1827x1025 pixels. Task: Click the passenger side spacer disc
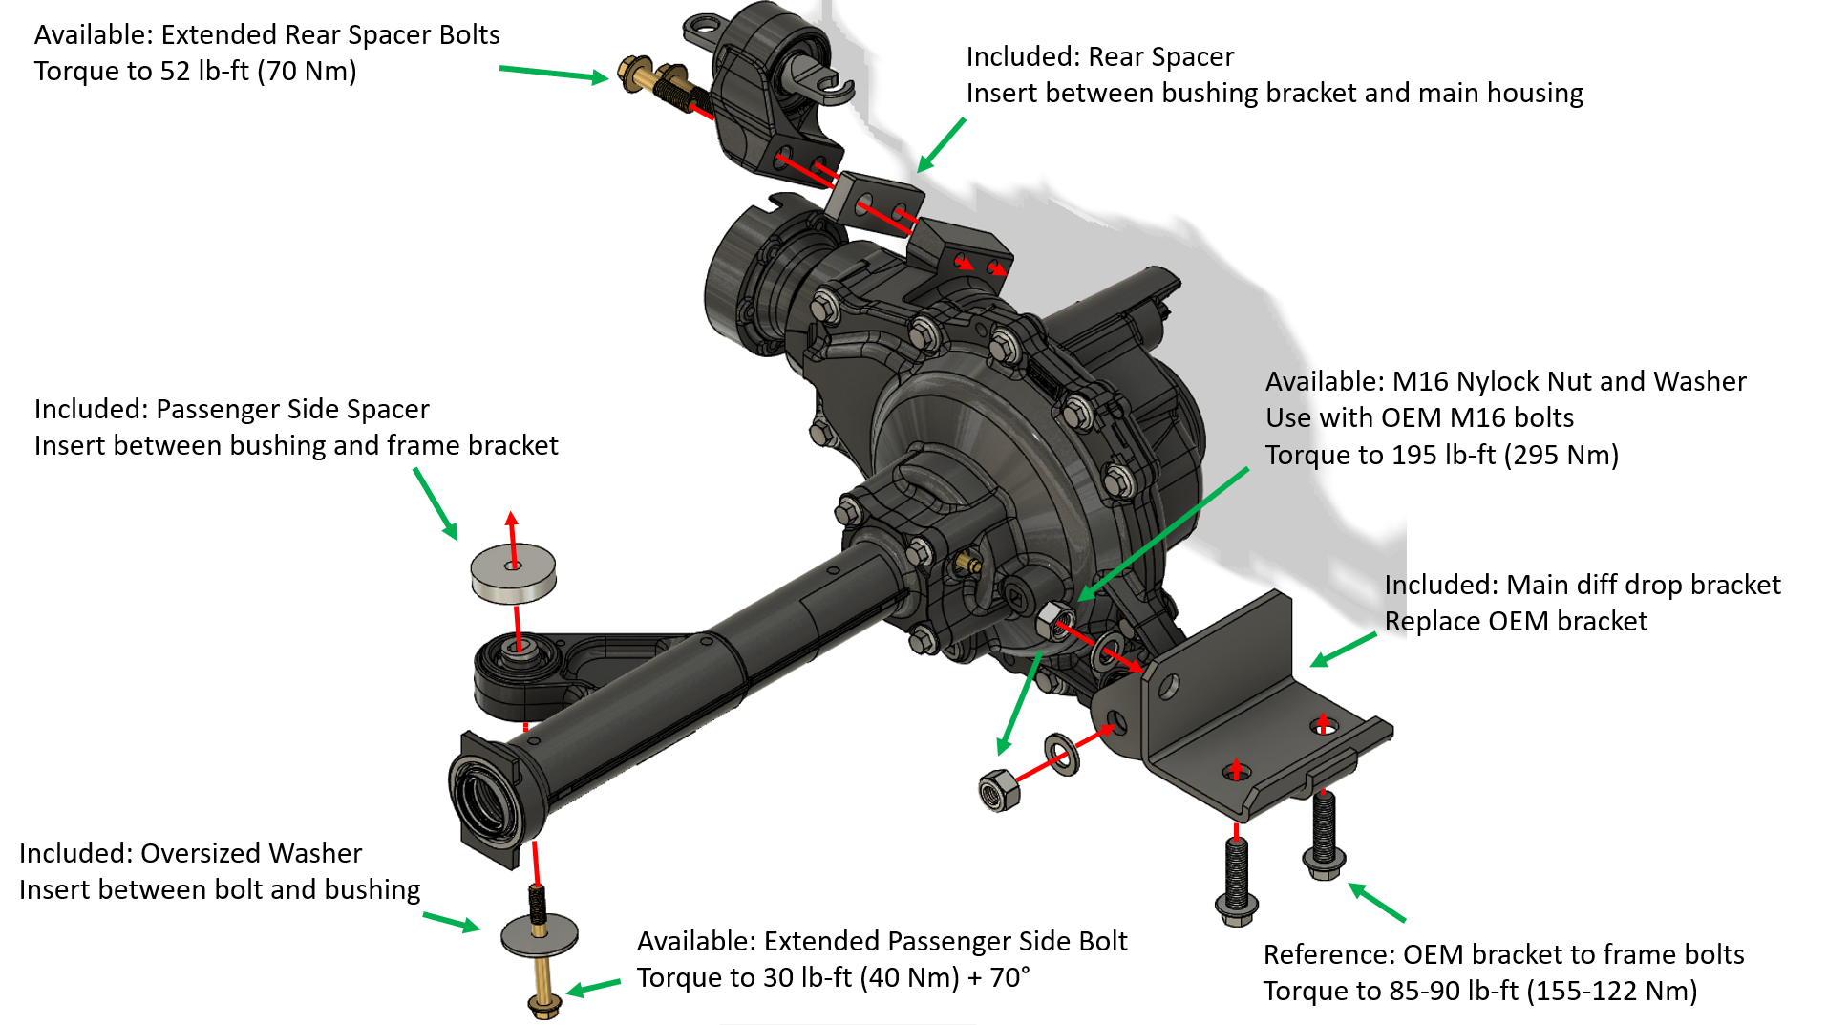[x=513, y=574]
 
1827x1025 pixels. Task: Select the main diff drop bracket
[x=1242, y=707]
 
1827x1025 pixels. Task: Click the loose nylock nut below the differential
[x=999, y=791]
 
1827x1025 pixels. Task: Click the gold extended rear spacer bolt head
[x=631, y=74]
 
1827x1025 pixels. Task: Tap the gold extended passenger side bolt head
[x=543, y=1003]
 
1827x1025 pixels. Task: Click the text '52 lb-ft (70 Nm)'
[x=258, y=72]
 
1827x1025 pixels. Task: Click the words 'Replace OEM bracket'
[x=1516, y=622]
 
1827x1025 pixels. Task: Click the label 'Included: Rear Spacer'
[x=1099, y=57]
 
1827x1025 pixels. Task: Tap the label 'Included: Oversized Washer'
[x=190, y=853]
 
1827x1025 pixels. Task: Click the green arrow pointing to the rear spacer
[x=941, y=145]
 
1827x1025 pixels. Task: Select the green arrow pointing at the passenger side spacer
[x=436, y=503]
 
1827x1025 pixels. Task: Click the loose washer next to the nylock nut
[x=1061, y=754]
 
